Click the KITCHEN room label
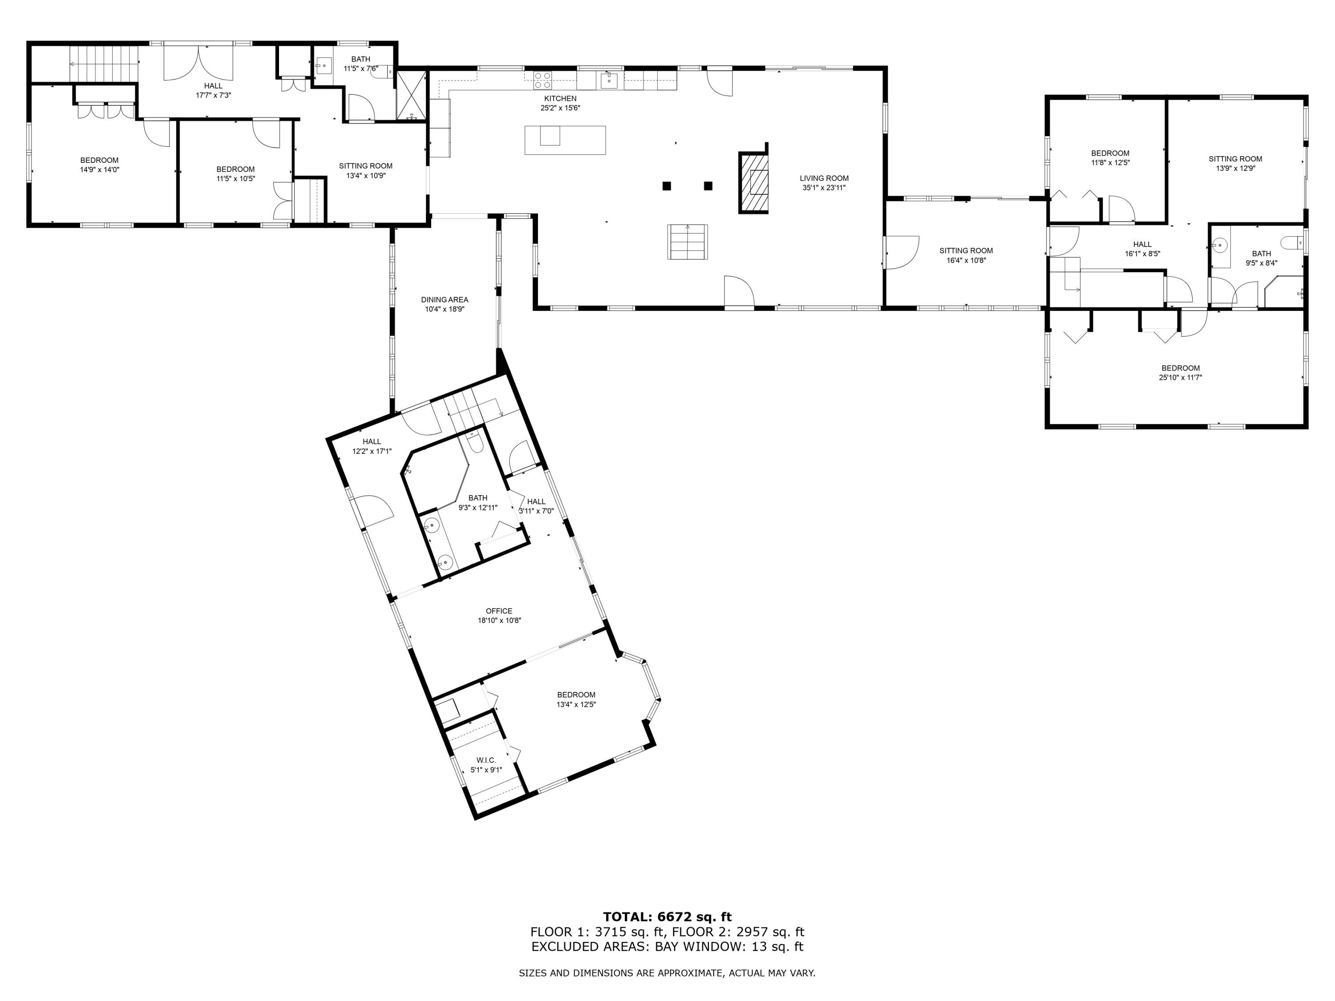(560, 98)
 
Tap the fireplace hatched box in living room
(754, 183)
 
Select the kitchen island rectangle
(565, 140)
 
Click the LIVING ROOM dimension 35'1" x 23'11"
(824, 188)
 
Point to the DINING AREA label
(445, 299)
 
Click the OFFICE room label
(499, 611)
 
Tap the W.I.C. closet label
(486, 760)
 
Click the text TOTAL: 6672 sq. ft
(667, 917)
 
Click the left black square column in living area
(667, 186)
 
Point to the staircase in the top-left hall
(103, 63)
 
